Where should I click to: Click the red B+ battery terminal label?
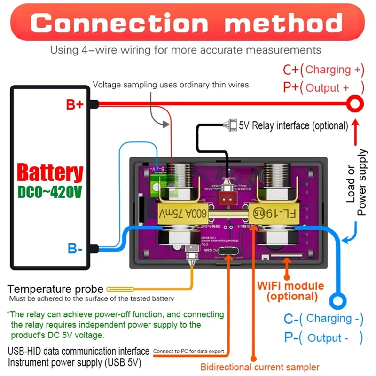tap(74, 104)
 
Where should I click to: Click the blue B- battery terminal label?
tap(75, 248)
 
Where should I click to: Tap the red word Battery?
tap(50, 173)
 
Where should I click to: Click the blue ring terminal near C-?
tap(337, 299)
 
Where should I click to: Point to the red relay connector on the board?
tap(227, 199)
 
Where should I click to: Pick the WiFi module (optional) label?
tap(290, 291)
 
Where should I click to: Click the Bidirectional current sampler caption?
tap(260, 367)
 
